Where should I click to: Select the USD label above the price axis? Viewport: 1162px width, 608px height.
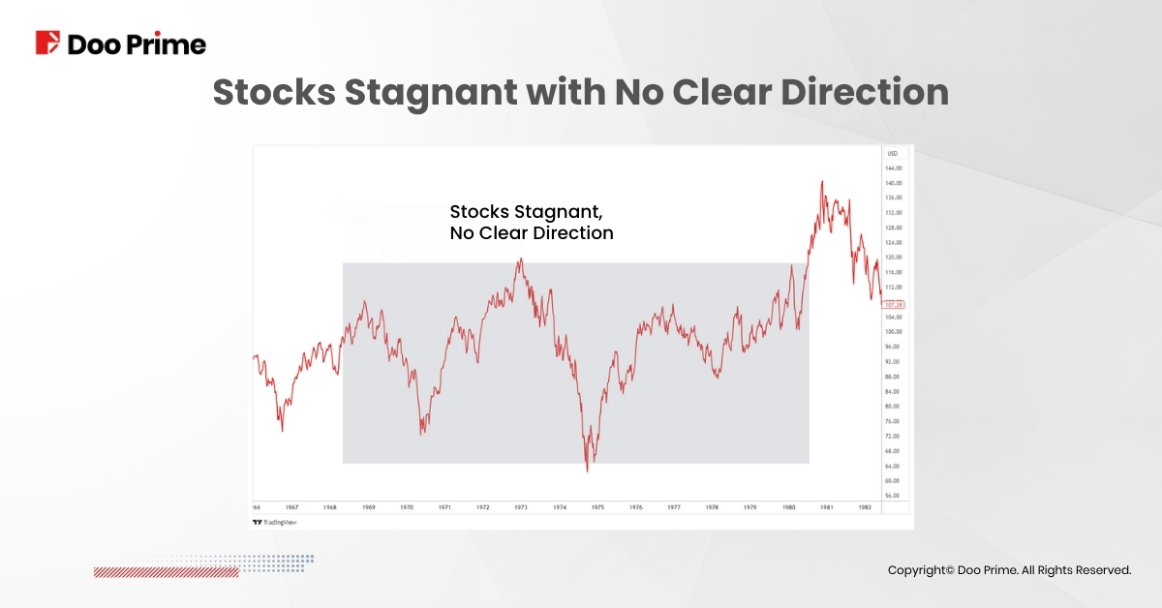coord(892,154)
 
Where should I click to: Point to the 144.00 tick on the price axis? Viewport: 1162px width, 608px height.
coord(894,167)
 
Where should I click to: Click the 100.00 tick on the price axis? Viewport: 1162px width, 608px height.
coord(894,331)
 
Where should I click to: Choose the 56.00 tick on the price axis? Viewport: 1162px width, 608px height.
coord(894,495)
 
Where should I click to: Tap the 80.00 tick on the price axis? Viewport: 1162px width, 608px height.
coord(894,406)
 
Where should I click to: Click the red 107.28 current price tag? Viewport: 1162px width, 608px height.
coord(894,304)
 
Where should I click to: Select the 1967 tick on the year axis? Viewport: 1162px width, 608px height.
coord(291,506)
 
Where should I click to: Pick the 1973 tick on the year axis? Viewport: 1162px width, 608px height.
coord(521,506)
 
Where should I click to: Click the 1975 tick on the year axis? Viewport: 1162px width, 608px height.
coord(597,506)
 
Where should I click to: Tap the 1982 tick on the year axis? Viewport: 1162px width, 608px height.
coord(865,506)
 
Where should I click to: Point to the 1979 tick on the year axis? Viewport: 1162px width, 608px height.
coord(749,506)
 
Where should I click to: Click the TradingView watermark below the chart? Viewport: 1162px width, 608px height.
coord(275,522)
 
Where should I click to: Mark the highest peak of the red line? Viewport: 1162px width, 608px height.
coord(822,181)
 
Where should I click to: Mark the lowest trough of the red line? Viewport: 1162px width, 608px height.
coord(588,471)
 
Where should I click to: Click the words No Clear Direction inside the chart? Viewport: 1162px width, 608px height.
coord(532,233)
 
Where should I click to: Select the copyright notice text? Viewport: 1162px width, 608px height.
coord(1009,570)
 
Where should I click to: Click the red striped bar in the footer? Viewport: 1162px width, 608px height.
coord(166,572)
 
